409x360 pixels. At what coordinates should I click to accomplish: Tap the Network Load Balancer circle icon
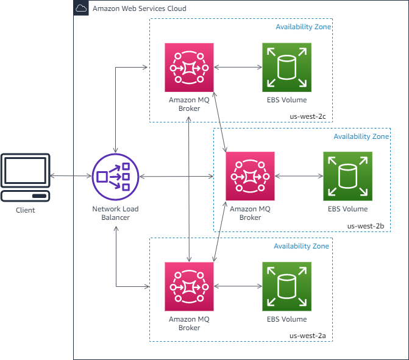click(115, 177)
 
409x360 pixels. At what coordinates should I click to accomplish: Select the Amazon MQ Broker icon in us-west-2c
click(189, 67)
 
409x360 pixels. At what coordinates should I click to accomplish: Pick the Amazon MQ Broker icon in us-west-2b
click(250, 176)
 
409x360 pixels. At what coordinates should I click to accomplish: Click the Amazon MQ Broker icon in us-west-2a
click(189, 286)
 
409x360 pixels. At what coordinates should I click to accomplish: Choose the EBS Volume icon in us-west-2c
click(286, 67)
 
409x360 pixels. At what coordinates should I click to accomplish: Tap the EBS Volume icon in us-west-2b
click(347, 176)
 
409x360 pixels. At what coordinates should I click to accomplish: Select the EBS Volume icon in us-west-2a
click(286, 286)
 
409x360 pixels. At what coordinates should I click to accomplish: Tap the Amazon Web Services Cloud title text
click(139, 9)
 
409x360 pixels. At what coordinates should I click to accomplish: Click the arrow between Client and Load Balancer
click(70, 177)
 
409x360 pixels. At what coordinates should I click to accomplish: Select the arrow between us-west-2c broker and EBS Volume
click(238, 67)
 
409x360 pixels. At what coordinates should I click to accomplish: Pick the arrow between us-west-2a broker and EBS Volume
click(238, 286)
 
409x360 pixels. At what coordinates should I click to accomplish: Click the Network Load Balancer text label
click(115, 213)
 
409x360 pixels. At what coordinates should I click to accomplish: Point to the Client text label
click(25, 210)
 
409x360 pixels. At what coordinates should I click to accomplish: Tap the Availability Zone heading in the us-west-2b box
click(361, 137)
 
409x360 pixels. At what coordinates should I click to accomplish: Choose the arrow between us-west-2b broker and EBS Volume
click(299, 176)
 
